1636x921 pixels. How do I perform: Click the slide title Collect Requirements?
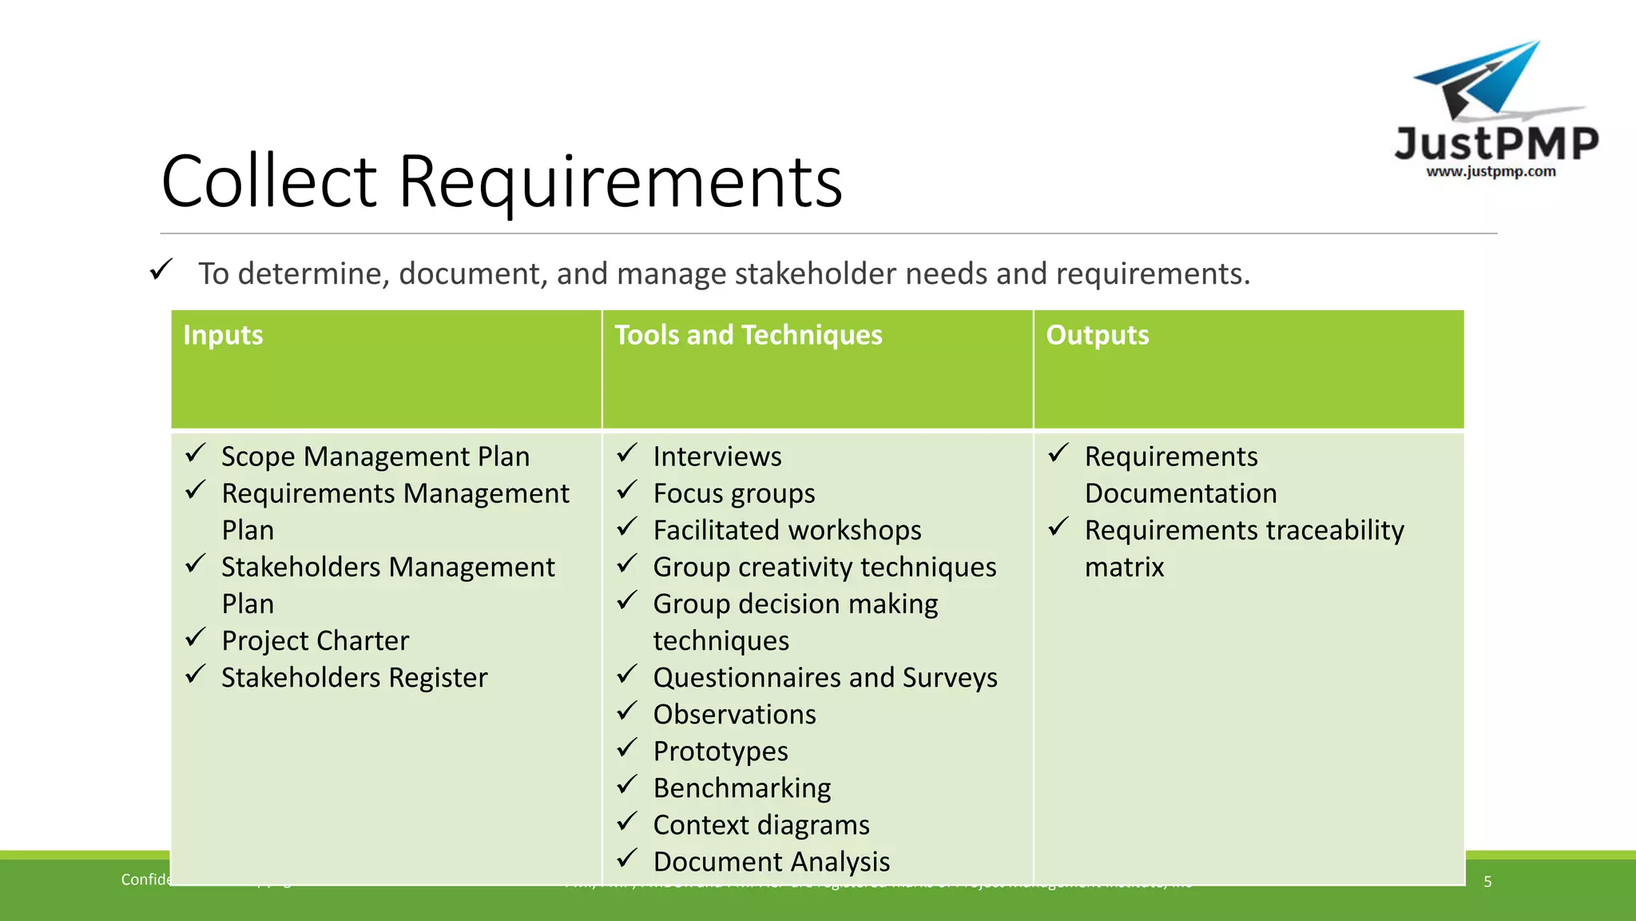pyautogui.click(x=502, y=181)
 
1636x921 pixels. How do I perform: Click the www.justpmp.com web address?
pyautogui.click(x=1491, y=171)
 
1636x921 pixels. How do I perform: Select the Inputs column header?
pyautogui.click(x=223, y=335)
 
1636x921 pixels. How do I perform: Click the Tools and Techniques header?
pyautogui.click(x=748, y=335)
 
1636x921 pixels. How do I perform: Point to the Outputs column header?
pyautogui.click(x=1097, y=335)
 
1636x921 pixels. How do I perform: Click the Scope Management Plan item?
pyautogui.click(x=375, y=457)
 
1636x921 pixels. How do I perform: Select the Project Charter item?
pyautogui.click(x=315, y=640)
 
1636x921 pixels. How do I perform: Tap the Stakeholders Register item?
pyautogui.click(x=354, y=677)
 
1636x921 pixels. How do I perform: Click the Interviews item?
pyautogui.click(x=717, y=457)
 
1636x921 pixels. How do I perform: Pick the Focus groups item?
pyautogui.click(x=733, y=493)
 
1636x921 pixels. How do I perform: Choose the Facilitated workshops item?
pyautogui.click(x=787, y=530)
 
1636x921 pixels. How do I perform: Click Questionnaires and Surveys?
pyautogui.click(x=824, y=677)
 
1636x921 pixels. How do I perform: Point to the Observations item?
pyautogui.click(x=734, y=714)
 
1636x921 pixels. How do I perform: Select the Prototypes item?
pyautogui.click(x=720, y=751)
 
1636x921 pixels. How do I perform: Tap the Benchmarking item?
pyautogui.click(x=741, y=787)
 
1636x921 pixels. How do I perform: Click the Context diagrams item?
pyautogui.click(x=760, y=824)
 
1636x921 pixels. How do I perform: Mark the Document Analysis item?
pyautogui.click(x=771, y=861)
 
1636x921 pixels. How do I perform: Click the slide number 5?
pyautogui.click(x=1487, y=881)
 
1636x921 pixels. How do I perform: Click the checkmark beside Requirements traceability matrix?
pyautogui.click(x=1058, y=527)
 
